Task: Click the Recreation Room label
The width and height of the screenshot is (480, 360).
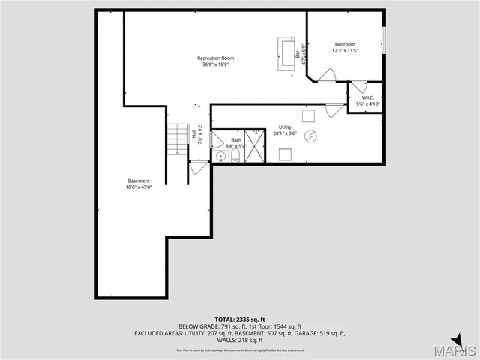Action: point(216,58)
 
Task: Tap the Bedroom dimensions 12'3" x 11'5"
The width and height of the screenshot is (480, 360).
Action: point(346,51)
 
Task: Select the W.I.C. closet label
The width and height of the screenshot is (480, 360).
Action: point(367,97)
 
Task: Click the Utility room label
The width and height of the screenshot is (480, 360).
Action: point(285,127)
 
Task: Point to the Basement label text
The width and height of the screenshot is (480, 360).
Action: point(139,181)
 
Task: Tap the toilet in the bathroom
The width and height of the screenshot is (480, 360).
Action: point(235,155)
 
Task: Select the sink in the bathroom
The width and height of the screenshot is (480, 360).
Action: point(220,156)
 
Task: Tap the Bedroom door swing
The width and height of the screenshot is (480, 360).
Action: point(327,75)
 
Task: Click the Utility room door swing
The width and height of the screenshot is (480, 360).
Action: point(335,110)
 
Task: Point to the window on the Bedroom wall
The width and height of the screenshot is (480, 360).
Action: point(383,38)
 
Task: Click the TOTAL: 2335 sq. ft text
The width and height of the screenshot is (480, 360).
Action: point(240,319)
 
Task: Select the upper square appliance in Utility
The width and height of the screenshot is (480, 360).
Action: point(308,115)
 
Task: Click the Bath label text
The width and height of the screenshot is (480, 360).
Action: point(236,140)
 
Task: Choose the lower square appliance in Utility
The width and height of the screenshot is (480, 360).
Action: point(285,154)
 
